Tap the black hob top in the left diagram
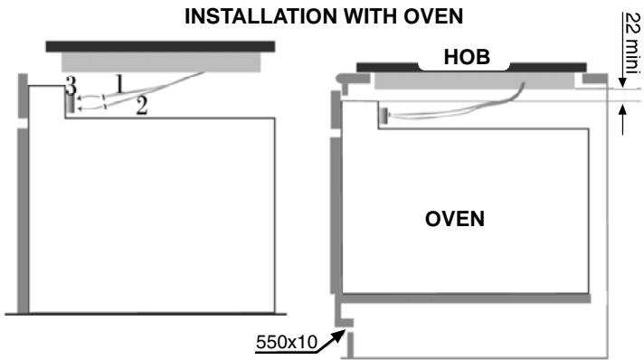coord(160,45)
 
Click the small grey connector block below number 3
coord(68,102)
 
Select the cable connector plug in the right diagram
coord(384,115)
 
